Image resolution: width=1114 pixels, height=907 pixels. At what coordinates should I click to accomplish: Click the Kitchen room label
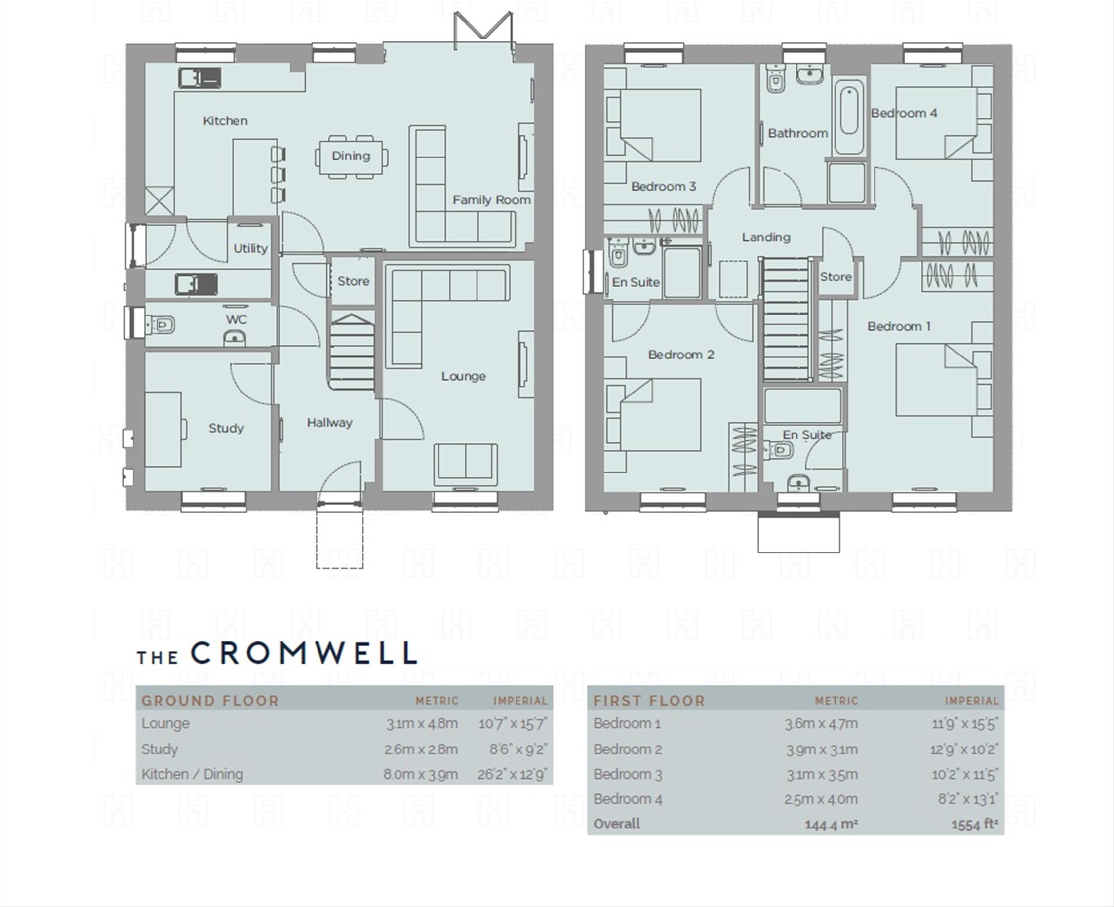tap(225, 120)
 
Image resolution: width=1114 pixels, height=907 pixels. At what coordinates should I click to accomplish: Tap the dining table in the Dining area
tap(351, 156)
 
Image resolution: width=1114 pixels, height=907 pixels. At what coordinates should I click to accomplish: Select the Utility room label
tap(250, 248)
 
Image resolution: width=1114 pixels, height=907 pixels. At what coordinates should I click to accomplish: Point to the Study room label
tap(226, 428)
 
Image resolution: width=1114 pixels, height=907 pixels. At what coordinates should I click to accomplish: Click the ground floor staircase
tap(352, 351)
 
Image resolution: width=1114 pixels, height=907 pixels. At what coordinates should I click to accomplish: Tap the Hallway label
tap(329, 422)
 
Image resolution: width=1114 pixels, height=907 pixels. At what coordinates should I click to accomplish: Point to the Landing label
tap(766, 237)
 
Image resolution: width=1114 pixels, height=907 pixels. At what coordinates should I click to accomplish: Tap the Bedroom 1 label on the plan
tap(899, 326)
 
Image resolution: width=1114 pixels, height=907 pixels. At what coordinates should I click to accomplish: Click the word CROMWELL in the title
tap(304, 653)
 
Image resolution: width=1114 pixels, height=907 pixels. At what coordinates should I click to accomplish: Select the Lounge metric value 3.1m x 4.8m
tap(422, 724)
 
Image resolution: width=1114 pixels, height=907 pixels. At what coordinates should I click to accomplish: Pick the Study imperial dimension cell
tap(518, 749)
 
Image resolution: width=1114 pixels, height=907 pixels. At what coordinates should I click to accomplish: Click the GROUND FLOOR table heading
tap(210, 701)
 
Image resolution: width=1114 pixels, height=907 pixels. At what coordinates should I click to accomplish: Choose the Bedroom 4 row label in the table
tap(628, 799)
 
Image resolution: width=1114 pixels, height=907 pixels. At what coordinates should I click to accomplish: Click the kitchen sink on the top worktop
tap(199, 79)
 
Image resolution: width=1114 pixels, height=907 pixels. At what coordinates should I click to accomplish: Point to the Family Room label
tap(491, 199)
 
